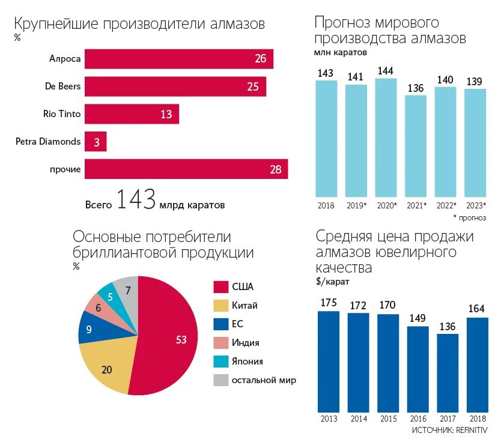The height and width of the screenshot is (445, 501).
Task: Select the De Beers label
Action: pos(62,86)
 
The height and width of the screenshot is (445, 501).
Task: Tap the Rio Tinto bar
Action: pos(132,114)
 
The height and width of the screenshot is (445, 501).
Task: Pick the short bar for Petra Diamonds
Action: pos(96,142)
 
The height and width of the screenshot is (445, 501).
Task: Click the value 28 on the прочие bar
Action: pos(275,169)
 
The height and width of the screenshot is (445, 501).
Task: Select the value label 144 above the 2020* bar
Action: pos(385,71)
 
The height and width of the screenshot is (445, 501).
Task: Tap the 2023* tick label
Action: pos(475,205)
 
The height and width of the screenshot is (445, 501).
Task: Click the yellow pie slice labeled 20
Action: pos(108,368)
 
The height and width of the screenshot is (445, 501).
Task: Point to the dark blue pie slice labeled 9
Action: pos(90,328)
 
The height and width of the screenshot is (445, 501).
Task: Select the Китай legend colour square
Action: pos(220,306)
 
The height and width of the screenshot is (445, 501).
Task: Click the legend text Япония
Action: pos(247,362)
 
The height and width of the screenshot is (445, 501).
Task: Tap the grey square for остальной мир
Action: pos(220,380)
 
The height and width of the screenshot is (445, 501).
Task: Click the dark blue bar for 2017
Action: pos(447,372)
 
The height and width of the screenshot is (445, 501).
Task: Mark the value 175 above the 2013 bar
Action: pos(329,303)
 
